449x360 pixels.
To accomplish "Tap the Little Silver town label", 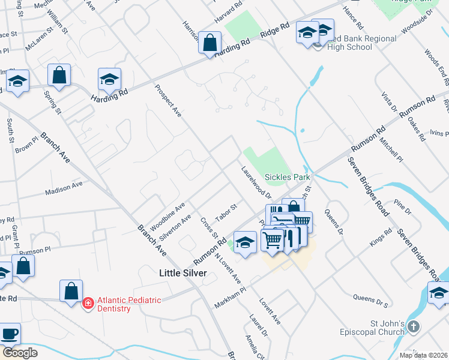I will tap(183, 273).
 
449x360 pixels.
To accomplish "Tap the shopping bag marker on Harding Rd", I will tap(209, 43).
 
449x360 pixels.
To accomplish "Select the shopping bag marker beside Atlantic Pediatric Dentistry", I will tap(71, 291).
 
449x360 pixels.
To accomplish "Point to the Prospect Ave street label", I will tap(168, 100).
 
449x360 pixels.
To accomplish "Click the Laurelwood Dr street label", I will tap(257, 182).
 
